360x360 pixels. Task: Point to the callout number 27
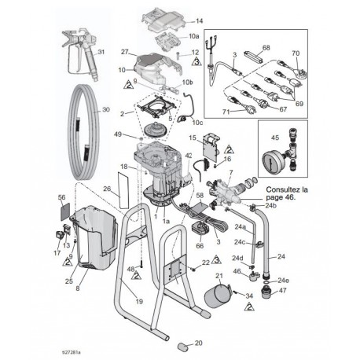pyautogui.click(x=123, y=51)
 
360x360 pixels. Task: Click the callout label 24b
pyautogui.click(x=271, y=206)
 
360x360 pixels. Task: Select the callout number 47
pyautogui.click(x=284, y=291)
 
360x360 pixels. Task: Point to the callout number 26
pyautogui.click(x=107, y=189)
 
